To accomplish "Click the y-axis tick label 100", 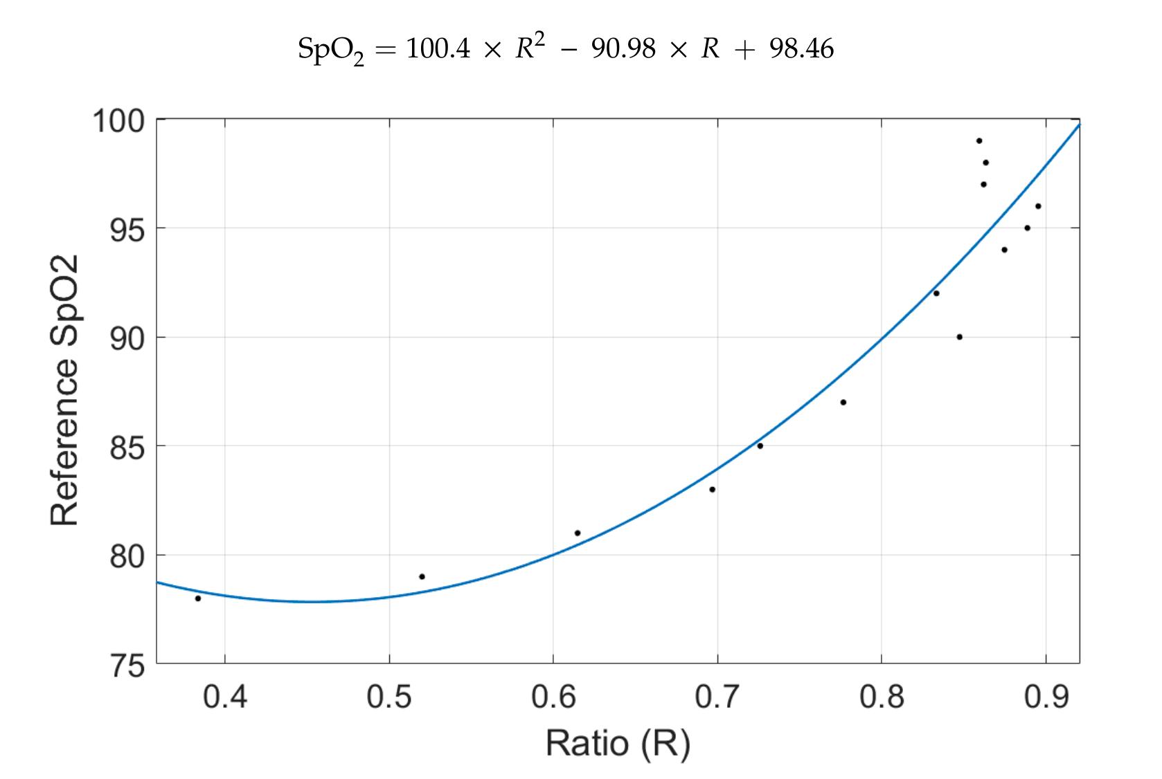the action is pos(118,122).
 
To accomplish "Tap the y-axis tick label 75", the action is pos(127,666).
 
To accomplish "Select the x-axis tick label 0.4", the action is pos(224,697).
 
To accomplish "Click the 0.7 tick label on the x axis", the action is pos(717,697).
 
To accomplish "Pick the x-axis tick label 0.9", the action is pos(1046,697).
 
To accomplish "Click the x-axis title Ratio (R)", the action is pos(618,744).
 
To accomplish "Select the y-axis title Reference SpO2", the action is pos(64,390).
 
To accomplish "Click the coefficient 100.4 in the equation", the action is pos(438,49).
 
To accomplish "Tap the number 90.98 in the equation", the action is pos(623,49).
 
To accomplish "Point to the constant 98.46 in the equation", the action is pos(801,49).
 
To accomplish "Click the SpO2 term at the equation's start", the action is pos(331,51).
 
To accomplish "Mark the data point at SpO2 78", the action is pos(197,598).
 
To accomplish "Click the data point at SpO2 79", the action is pos(422,577).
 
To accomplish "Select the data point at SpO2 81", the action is pos(578,533).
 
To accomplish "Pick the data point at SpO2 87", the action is pos(843,403).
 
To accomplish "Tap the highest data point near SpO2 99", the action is pos(979,141).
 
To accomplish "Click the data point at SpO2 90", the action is pos(959,337).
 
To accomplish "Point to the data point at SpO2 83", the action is pos(713,490).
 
